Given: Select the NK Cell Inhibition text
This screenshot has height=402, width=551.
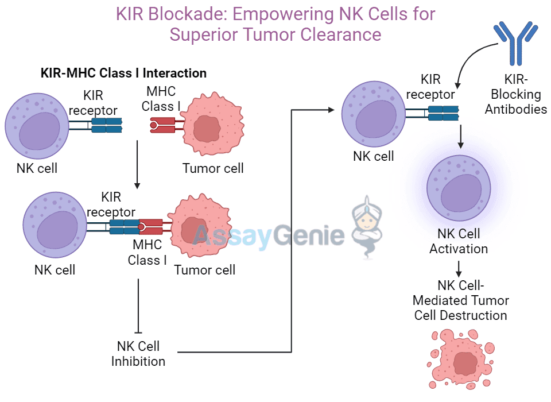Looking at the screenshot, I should [138, 354].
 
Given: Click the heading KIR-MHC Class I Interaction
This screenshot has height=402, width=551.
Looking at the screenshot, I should [123, 73].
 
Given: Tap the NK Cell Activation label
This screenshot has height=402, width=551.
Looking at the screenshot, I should [459, 241].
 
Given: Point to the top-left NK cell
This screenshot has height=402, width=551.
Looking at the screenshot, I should [37, 126].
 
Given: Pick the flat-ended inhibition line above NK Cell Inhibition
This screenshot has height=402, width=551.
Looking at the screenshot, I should [138, 304].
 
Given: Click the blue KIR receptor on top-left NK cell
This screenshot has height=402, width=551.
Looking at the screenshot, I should [106, 125].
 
